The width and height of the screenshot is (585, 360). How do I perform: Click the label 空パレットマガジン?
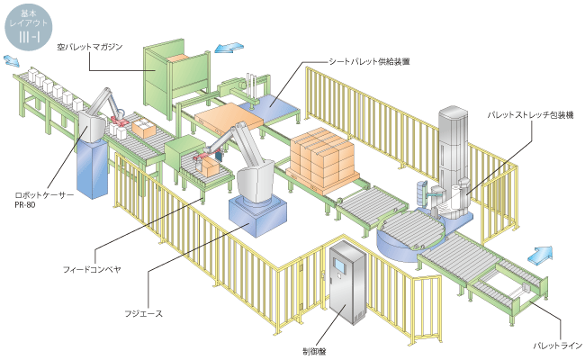coord(89,47)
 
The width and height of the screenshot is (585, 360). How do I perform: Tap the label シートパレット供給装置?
coord(369,61)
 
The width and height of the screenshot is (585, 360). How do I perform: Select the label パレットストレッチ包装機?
coord(530,115)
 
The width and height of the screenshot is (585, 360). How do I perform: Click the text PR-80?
coord(25,205)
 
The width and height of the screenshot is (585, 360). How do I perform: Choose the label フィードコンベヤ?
coord(92,269)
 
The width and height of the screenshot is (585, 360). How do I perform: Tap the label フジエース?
coord(144,313)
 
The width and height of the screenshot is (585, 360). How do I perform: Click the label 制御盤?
coord(314,351)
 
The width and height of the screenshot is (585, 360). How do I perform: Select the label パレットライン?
coord(557,346)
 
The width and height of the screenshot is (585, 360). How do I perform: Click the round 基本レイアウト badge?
coord(29,27)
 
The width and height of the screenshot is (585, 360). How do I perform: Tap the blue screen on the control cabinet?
coord(340,265)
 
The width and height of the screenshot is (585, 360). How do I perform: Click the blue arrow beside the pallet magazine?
coord(229,48)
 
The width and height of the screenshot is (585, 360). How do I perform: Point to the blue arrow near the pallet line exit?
coord(540,256)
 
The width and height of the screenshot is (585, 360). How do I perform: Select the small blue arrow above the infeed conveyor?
coord(11,61)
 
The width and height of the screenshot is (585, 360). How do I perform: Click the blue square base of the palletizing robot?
coord(257,216)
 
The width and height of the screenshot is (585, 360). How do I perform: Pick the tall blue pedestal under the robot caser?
coord(92,169)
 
